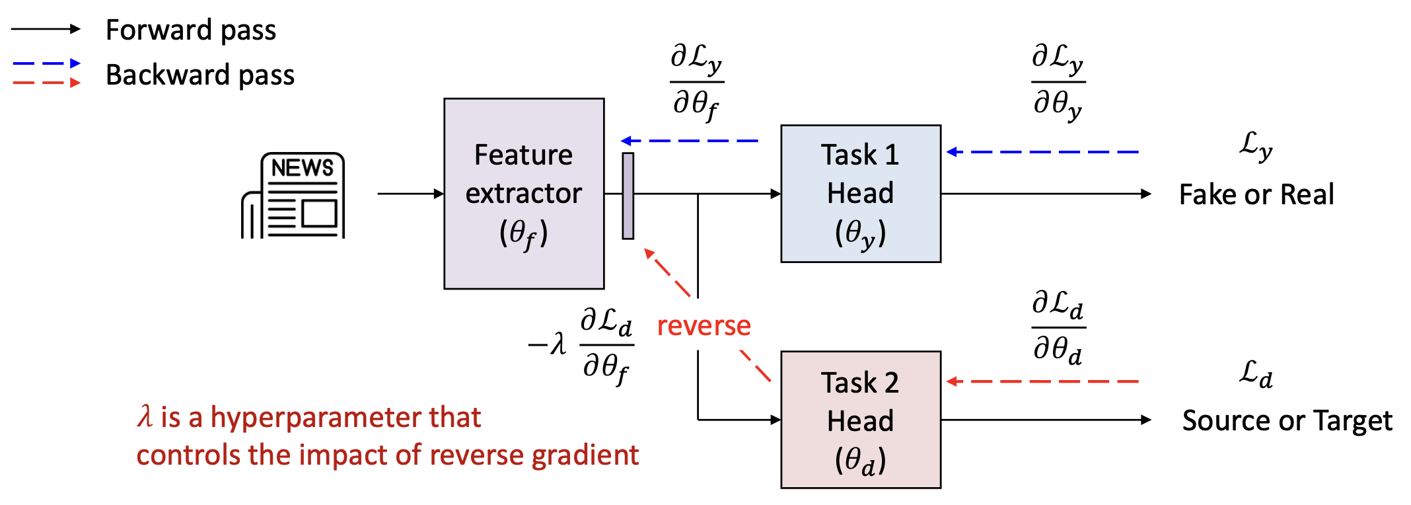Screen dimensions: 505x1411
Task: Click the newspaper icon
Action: (293, 196)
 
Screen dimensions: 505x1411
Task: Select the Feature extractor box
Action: (524, 194)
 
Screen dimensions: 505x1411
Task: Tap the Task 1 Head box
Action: (860, 194)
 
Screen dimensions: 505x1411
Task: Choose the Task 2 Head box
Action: (860, 420)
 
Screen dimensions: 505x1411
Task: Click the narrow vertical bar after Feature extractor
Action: (628, 196)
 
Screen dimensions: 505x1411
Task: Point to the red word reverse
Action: (704, 326)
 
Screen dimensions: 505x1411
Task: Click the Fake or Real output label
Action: (1256, 195)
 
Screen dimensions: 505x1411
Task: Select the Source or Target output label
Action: (1287, 421)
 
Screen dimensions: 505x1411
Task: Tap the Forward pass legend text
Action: (191, 30)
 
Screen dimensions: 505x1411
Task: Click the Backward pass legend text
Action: (200, 75)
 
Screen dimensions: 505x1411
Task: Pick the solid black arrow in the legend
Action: (46, 29)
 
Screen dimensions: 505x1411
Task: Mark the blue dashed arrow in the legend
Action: (46, 63)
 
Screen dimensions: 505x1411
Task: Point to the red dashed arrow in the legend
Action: (46, 83)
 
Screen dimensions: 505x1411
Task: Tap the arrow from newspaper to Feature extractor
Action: (410, 194)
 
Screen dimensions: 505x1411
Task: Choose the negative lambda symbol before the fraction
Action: (548, 344)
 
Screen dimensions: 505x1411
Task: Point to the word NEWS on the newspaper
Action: (303, 168)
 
